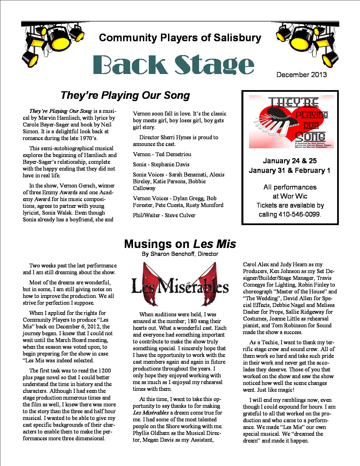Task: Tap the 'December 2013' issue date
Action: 302,75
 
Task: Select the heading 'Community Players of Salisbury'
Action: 180,38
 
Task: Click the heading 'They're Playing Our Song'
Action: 125,95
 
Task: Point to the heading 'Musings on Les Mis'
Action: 180,244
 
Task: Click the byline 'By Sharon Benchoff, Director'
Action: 180,254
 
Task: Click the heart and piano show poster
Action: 291,122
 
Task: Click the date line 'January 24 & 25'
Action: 290,161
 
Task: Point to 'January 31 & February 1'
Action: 290,171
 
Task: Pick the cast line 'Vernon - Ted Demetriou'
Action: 162,154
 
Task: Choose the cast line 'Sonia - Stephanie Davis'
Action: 161,165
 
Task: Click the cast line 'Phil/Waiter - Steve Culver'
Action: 164,215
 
